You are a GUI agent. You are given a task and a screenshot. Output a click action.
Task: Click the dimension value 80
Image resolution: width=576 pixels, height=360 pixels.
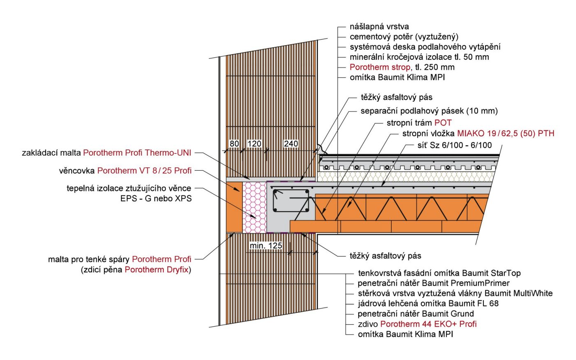(x=234, y=144)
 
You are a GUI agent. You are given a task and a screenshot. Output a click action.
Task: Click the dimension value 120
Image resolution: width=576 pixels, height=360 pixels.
(x=254, y=144)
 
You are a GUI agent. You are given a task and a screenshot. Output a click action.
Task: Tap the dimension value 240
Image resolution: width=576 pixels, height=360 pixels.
(x=291, y=144)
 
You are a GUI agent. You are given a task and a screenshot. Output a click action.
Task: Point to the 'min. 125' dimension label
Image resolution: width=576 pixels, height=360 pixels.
(x=266, y=246)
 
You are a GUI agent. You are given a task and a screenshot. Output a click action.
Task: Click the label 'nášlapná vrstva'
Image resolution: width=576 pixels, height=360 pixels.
(x=379, y=27)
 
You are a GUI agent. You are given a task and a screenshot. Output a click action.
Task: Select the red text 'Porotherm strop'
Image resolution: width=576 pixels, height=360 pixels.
(x=380, y=67)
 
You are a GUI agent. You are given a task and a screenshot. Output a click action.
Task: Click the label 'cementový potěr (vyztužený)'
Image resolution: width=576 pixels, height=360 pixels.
(x=404, y=37)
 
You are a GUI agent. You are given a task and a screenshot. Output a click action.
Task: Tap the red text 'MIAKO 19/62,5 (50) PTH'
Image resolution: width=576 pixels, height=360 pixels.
(x=505, y=133)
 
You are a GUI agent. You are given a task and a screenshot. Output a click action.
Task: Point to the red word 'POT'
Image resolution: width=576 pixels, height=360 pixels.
(x=443, y=123)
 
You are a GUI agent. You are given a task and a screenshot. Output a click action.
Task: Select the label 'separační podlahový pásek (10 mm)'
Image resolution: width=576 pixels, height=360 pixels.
(x=429, y=111)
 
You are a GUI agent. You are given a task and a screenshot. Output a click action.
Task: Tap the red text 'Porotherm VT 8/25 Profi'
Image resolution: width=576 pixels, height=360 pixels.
(x=144, y=170)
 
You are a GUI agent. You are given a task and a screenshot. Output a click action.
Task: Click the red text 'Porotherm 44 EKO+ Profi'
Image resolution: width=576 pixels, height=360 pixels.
(x=428, y=324)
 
